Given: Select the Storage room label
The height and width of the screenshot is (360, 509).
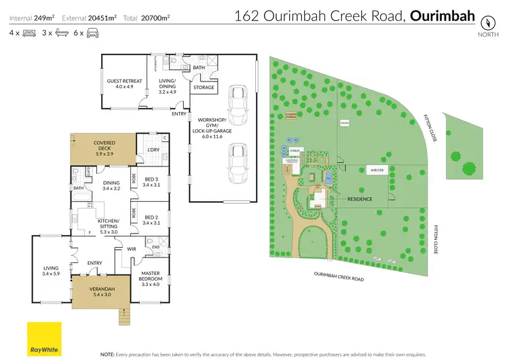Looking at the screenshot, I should tap(204, 87).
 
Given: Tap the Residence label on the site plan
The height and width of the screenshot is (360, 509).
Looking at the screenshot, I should tap(360, 199).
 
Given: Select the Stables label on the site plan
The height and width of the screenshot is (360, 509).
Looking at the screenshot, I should tap(295, 149).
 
